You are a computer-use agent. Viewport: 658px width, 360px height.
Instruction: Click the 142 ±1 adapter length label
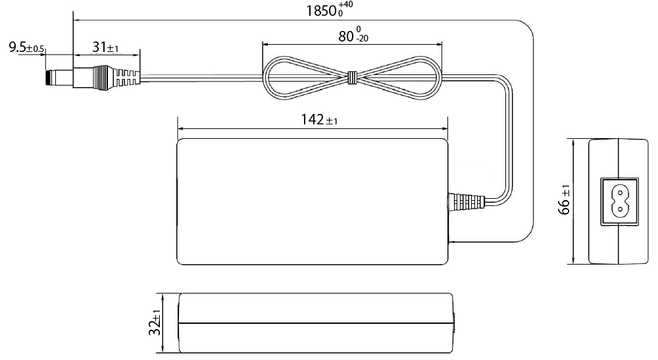point(320,120)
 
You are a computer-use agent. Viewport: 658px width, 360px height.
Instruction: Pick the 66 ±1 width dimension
point(565,200)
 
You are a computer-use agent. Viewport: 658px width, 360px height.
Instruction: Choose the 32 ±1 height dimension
point(156,323)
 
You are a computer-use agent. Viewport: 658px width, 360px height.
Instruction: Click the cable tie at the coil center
point(352,78)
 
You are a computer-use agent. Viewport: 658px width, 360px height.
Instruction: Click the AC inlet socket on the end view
point(619,201)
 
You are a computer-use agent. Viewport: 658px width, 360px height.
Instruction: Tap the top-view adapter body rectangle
point(313,201)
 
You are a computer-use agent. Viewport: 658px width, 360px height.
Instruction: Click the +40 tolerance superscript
point(347,5)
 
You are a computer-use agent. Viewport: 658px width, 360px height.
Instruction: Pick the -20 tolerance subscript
point(361,39)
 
